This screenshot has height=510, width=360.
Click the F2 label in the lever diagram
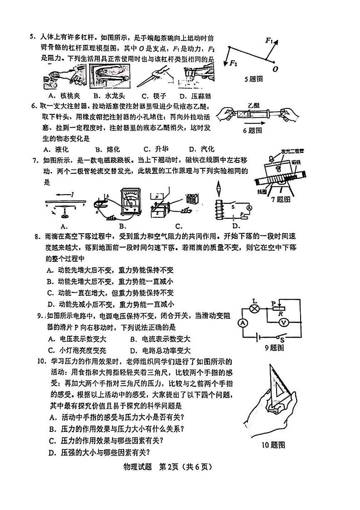point(234,63)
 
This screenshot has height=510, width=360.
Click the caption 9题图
point(274,348)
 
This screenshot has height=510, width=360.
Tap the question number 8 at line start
point(37,236)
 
